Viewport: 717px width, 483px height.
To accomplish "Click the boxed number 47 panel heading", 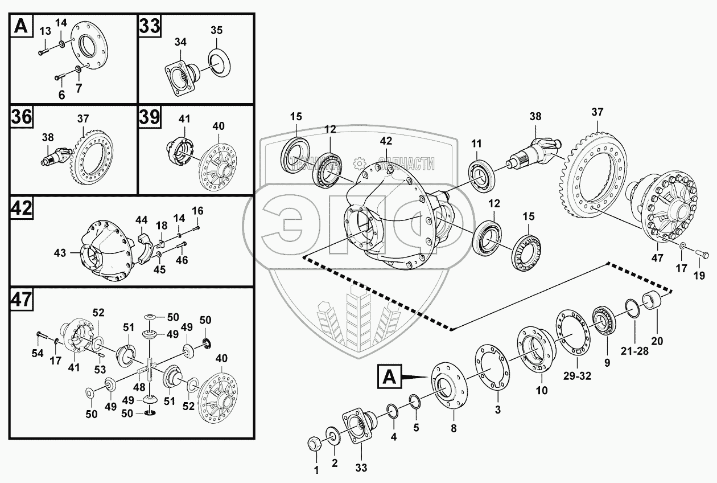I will [21, 300].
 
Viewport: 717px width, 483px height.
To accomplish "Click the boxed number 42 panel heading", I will [21, 209].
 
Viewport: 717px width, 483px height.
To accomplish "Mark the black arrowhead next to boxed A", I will [417, 376].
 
